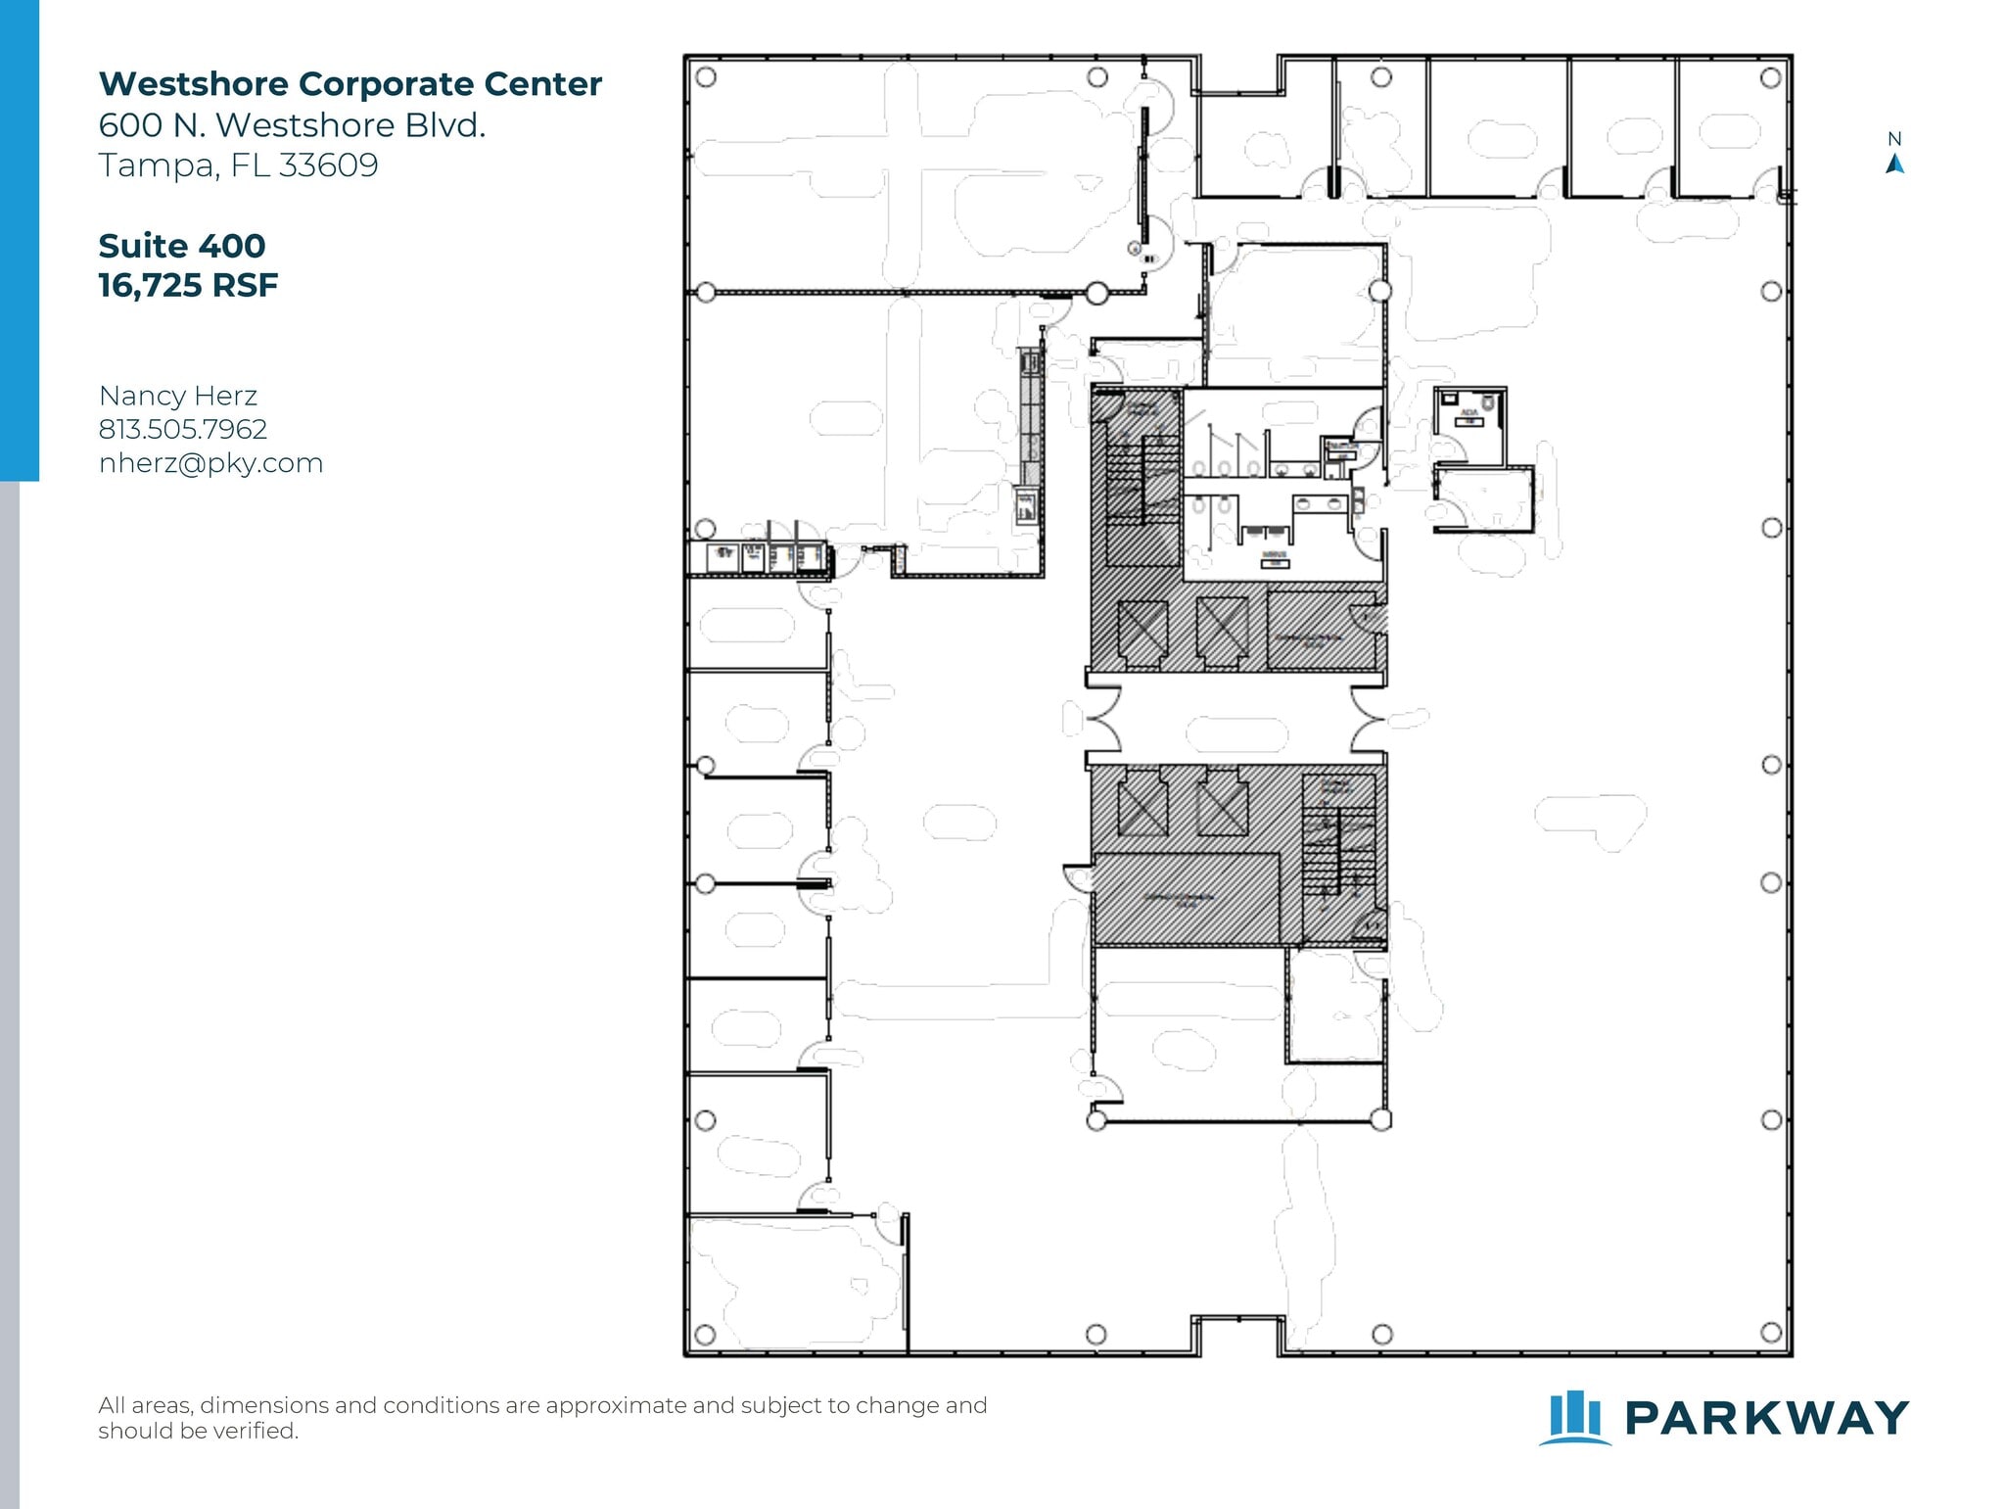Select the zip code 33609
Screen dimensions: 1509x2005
(x=328, y=165)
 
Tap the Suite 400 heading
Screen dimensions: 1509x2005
(x=182, y=246)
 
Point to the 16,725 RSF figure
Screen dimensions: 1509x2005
(x=188, y=286)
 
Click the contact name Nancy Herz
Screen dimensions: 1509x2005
(x=177, y=396)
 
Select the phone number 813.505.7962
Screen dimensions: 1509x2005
(x=182, y=429)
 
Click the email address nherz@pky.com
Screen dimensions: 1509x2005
(x=210, y=463)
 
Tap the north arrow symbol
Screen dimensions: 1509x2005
(x=1894, y=164)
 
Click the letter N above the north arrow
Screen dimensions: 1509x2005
(x=1894, y=139)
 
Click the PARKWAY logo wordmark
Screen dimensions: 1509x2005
(x=1766, y=1418)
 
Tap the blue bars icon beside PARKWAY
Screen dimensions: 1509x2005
(x=1574, y=1417)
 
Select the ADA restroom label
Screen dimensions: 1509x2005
(x=1469, y=413)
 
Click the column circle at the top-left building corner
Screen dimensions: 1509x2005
(x=705, y=76)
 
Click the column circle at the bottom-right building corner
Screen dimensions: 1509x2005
(x=1770, y=1332)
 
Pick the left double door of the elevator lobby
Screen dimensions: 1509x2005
(x=1104, y=719)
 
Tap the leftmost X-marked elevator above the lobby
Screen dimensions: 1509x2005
(x=1142, y=632)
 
